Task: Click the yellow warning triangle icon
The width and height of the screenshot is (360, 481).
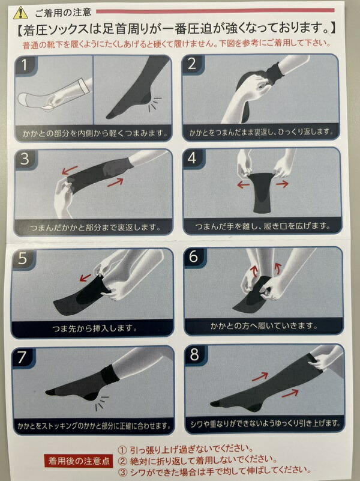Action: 20,12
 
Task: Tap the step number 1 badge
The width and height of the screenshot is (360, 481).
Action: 25,65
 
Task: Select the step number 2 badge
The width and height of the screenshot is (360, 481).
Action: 193,64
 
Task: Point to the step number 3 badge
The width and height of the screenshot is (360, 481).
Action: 25,160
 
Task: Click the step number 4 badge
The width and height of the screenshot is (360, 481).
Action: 193,159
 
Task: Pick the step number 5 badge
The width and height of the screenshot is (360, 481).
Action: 23,259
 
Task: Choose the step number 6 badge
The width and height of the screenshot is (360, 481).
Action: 194,256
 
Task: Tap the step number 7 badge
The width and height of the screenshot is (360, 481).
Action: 22,357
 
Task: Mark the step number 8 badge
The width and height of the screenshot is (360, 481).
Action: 195,354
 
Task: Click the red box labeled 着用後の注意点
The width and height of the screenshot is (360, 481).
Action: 79,461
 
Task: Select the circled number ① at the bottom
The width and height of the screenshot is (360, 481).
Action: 122,450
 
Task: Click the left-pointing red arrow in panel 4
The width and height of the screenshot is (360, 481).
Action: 243,185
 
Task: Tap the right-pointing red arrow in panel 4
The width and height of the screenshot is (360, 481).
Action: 282,184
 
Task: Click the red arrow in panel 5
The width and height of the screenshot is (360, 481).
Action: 85,277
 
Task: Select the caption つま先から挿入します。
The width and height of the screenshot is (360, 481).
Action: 94,328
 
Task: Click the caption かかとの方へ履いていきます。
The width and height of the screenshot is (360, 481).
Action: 264,326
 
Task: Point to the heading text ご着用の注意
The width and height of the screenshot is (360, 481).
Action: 63,12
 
